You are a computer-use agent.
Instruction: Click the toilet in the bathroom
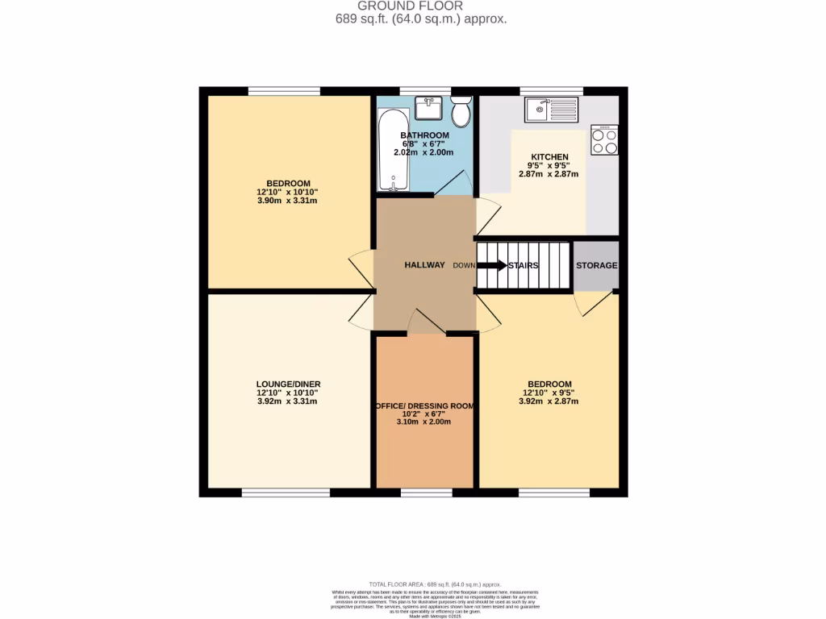(x=461, y=112)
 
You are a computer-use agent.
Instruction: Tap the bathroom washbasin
(x=428, y=107)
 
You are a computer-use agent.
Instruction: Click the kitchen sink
(x=550, y=109)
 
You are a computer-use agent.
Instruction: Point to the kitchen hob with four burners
(x=604, y=139)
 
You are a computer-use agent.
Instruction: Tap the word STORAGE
(x=596, y=265)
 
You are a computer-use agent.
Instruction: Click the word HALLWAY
(x=424, y=265)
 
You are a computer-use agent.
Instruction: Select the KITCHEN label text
(x=549, y=156)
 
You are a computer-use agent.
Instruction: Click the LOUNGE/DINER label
(x=288, y=384)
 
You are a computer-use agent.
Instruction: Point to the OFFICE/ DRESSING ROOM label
(x=424, y=405)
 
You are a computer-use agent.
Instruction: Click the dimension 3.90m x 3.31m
(x=288, y=201)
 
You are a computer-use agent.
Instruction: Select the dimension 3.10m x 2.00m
(x=424, y=422)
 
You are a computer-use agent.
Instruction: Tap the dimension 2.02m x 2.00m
(x=424, y=152)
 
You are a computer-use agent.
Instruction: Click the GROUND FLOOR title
(x=421, y=6)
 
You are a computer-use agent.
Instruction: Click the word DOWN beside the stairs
(x=464, y=265)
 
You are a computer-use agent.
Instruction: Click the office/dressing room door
(x=425, y=322)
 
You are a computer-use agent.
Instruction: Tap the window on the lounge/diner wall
(x=285, y=492)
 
